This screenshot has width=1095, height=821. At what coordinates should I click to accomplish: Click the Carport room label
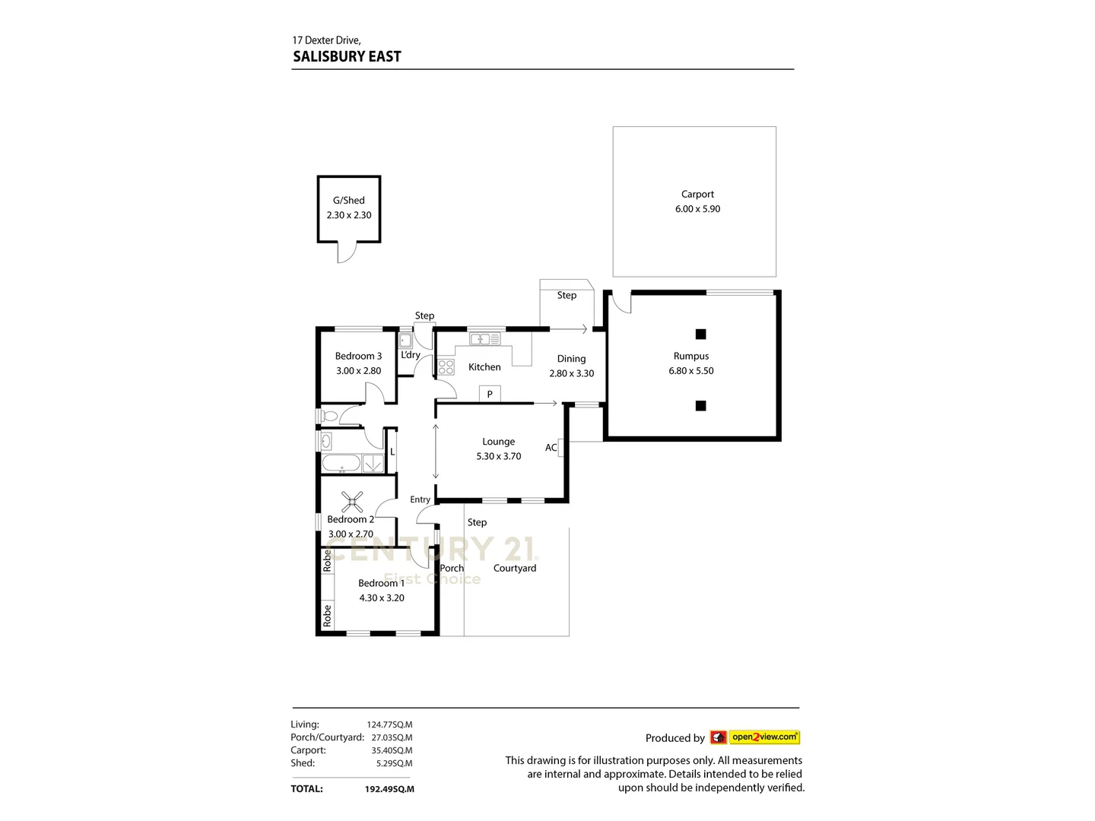click(x=697, y=195)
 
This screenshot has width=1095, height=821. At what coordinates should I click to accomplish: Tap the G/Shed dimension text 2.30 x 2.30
click(x=349, y=215)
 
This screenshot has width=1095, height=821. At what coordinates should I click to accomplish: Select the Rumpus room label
click(x=690, y=356)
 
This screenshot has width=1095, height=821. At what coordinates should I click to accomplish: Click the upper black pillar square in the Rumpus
click(x=700, y=334)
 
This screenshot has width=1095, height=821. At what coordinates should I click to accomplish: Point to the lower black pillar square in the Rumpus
click(x=700, y=406)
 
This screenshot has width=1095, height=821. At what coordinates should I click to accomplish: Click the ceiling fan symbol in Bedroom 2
click(x=352, y=501)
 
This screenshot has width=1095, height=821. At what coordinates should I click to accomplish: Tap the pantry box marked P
click(x=490, y=394)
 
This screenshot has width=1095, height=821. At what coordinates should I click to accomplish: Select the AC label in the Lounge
click(x=551, y=448)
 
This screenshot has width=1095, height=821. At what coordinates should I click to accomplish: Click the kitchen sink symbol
click(x=484, y=339)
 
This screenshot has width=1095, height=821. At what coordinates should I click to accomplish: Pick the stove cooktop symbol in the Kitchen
click(x=446, y=368)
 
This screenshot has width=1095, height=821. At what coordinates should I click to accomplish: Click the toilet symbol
click(x=328, y=416)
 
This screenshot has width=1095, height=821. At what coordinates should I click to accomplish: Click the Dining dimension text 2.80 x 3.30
click(x=571, y=373)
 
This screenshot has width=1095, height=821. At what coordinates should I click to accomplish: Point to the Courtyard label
click(x=515, y=568)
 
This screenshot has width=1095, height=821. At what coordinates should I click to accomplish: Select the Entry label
click(x=420, y=499)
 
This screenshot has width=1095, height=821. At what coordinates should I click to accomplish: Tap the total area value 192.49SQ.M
click(x=389, y=789)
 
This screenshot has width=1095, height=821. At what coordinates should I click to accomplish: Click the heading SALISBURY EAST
click(x=347, y=56)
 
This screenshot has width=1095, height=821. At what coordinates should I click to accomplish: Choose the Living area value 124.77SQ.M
click(x=389, y=724)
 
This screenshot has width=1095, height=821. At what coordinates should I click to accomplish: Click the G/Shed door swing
click(x=347, y=253)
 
